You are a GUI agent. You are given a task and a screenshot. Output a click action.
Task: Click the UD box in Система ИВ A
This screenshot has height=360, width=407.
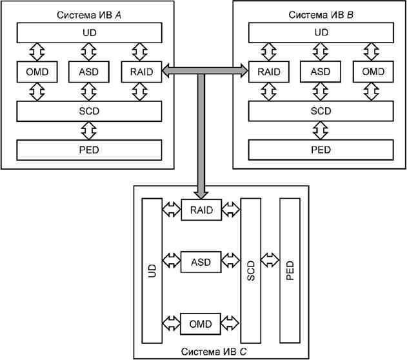point(88,32)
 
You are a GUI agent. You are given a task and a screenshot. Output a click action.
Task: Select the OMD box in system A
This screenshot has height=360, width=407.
point(35,72)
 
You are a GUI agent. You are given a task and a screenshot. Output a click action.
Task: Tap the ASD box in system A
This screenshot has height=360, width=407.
point(88,72)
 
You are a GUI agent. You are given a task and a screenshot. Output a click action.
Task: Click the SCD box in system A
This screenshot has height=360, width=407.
point(88,111)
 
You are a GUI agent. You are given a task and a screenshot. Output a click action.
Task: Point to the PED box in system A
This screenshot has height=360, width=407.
point(88,150)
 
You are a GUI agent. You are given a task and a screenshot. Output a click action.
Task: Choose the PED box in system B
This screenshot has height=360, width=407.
point(321,150)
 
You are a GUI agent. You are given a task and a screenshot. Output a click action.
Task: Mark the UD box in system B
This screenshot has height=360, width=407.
point(321,32)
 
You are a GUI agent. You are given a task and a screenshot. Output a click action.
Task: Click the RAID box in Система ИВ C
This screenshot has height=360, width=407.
point(201,210)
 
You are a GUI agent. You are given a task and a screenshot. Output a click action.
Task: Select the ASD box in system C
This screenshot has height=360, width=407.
point(201,263)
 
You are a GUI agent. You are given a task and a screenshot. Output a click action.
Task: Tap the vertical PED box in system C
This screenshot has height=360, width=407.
point(290,270)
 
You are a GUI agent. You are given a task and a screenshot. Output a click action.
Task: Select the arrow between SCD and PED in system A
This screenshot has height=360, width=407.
point(88,130)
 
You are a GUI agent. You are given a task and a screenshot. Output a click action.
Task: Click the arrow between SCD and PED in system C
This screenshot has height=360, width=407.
point(270,265)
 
